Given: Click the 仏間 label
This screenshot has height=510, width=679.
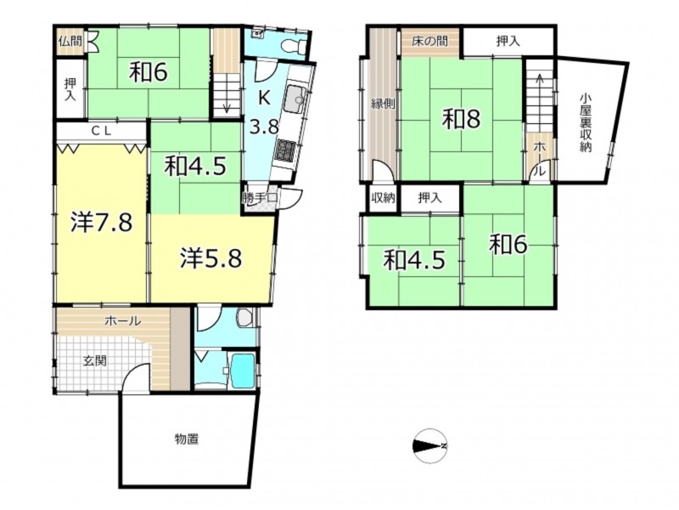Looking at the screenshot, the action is pyautogui.click(x=70, y=42).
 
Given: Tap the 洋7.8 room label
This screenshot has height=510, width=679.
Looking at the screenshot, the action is pyautogui.click(x=101, y=224).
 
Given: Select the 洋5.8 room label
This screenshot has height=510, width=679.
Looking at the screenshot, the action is pyautogui.click(x=210, y=258).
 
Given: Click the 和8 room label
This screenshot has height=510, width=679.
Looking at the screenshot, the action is pyautogui.click(x=461, y=119).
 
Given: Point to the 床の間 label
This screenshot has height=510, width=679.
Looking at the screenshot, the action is pyautogui.click(x=429, y=42).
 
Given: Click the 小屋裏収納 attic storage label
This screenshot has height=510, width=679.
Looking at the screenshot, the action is pyautogui.click(x=585, y=123).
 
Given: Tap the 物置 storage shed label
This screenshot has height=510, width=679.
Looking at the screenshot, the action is pyautogui.click(x=187, y=439).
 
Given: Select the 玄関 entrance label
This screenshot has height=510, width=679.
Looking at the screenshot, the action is pyautogui.click(x=95, y=360).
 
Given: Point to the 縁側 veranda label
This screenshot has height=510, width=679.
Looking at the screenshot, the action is pyautogui.click(x=383, y=104).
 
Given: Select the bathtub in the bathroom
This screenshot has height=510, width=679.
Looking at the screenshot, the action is pyautogui.click(x=243, y=371).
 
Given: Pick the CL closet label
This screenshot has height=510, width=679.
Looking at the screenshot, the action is pyautogui.click(x=101, y=131).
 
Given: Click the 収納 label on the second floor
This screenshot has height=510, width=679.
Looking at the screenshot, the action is pyautogui.click(x=384, y=198).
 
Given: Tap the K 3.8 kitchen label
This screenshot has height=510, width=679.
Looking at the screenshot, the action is pyautogui.click(x=264, y=113).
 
